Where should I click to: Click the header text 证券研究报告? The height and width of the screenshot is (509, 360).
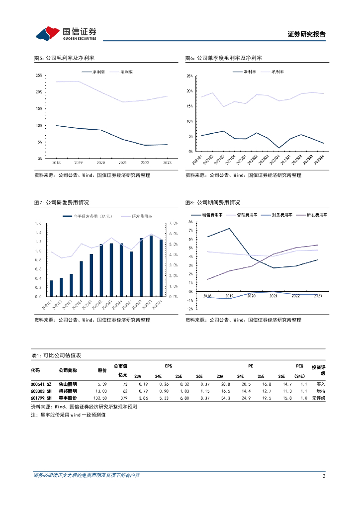click(306, 34)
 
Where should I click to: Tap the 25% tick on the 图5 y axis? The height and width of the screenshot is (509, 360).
click(39, 76)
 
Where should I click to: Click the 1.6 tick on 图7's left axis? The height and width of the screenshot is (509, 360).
click(38, 223)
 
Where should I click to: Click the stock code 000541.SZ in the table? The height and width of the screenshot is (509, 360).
click(40, 384)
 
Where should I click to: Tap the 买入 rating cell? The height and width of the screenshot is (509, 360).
click(320, 384)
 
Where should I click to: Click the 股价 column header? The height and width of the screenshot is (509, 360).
click(102, 370)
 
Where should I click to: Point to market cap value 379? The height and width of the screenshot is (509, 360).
click(124, 398)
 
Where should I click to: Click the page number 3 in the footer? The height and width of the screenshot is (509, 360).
click(324, 476)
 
